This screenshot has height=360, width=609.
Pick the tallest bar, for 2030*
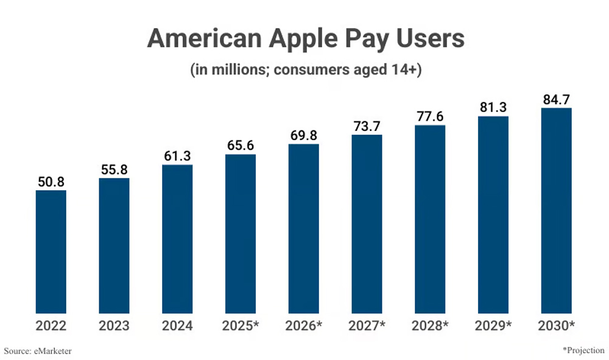point(556,210)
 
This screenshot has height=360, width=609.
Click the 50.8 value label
point(51,182)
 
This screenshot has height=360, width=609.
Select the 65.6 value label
point(241,146)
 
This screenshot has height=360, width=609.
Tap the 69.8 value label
point(303,135)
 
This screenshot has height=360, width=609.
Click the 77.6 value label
point(430,116)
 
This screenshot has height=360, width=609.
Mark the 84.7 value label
point(556,99)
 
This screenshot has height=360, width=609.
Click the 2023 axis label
point(114,326)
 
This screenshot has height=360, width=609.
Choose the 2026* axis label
point(303,326)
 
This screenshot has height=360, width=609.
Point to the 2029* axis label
point(493,326)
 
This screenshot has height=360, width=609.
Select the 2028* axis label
point(430,326)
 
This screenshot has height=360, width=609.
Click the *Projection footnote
point(583,350)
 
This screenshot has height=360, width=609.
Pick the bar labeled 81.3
point(493,214)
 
